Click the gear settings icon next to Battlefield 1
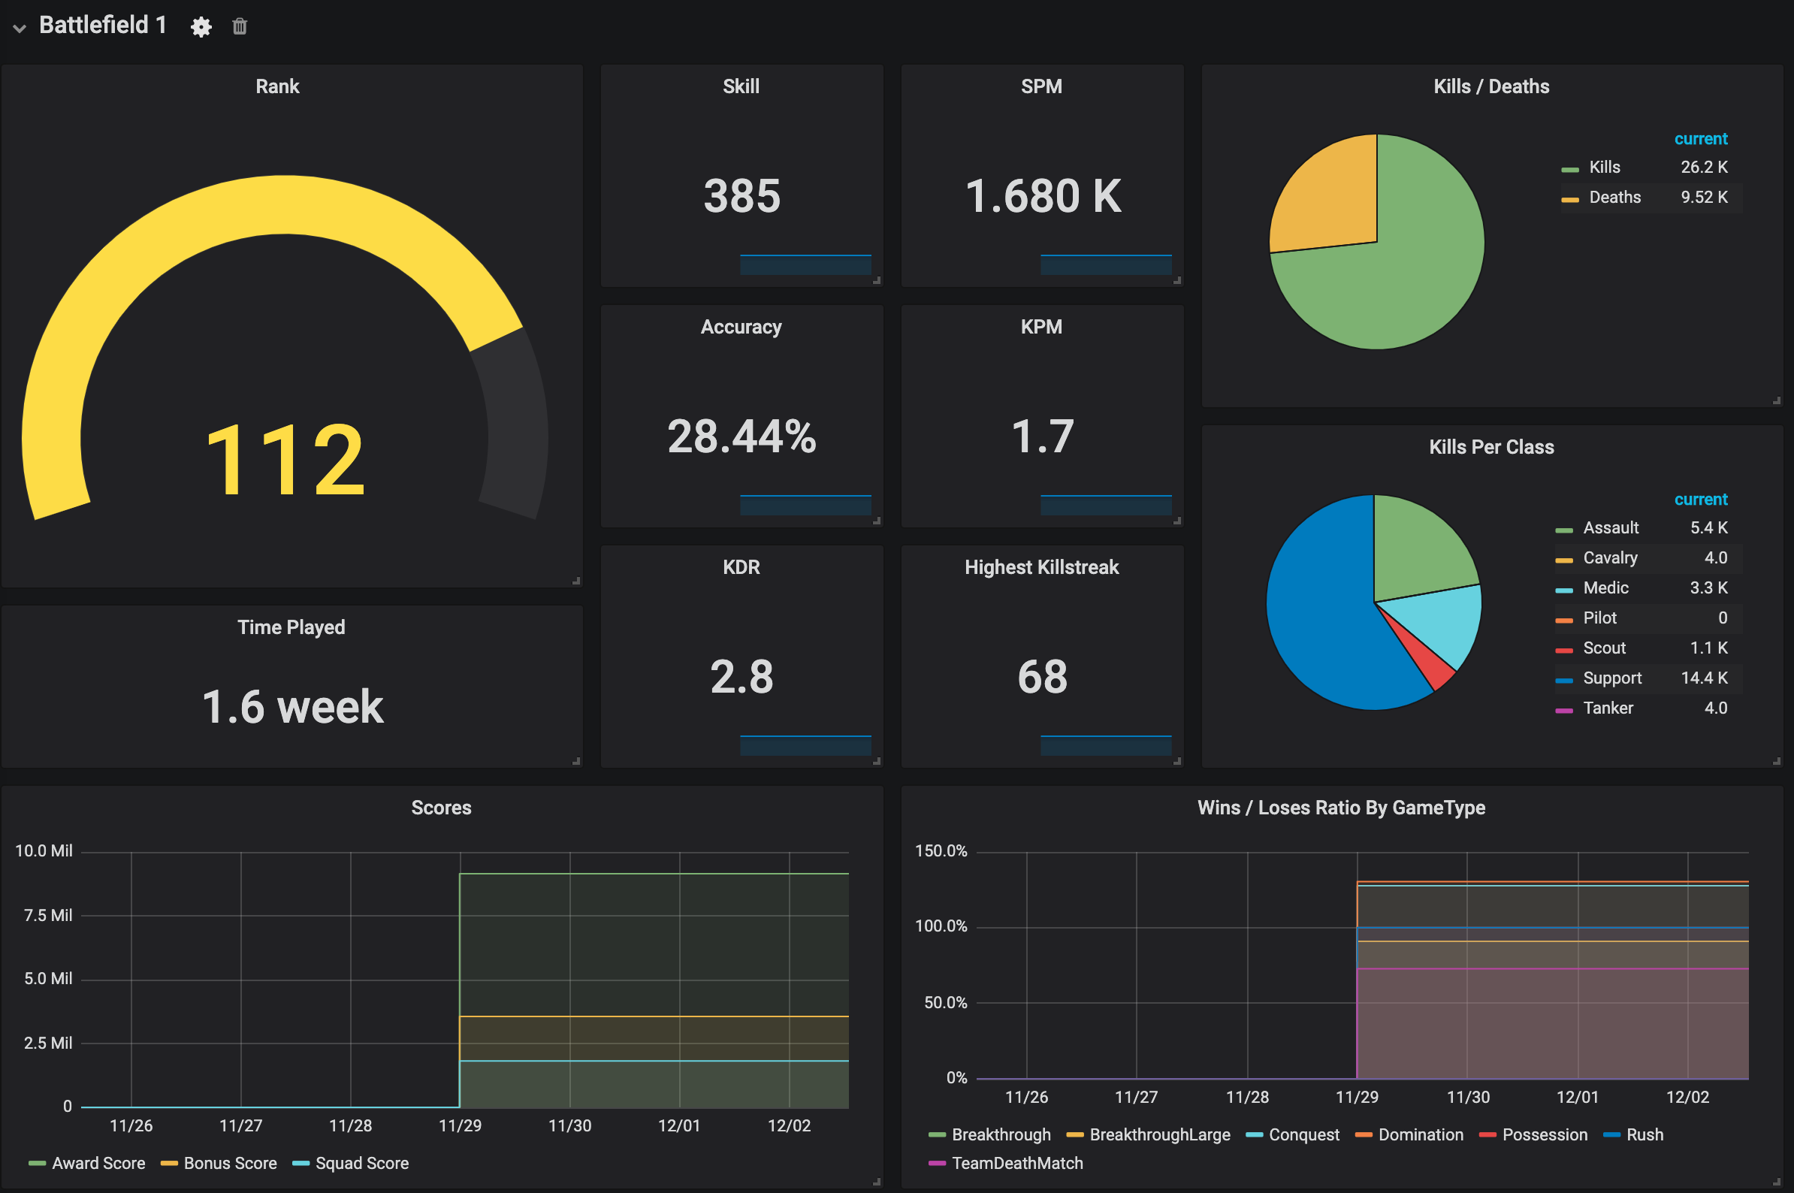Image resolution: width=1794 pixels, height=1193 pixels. coord(201,27)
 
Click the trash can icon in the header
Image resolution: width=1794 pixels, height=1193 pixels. coord(240,26)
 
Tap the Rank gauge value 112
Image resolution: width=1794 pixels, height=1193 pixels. coord(285,461)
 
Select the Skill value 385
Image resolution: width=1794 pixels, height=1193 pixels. coord(741,195)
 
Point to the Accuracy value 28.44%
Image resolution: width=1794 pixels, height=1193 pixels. coord(741,436)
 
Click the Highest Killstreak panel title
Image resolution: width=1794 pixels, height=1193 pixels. coord(1040,567)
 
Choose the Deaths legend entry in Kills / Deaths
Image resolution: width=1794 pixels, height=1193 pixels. coord(1614,198)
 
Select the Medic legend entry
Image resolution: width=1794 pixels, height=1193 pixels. coord(1605,588)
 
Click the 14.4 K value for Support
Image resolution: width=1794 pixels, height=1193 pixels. coord(1703,678)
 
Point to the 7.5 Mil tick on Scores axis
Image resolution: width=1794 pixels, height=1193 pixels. coord(47,915)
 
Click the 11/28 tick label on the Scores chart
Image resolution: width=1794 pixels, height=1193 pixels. coord(350,1125)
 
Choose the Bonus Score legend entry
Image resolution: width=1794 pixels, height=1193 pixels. coord(230,1164)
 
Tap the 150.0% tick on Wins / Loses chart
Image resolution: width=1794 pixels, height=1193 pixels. coord(941,850)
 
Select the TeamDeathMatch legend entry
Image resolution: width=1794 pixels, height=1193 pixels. coord(1016,1164)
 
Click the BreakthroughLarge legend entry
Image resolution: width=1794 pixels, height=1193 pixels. coord(1158,1134)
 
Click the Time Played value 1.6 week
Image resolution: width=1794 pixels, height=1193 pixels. coord(292,707)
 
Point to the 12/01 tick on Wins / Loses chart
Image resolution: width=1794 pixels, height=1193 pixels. coord(1577,1097)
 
